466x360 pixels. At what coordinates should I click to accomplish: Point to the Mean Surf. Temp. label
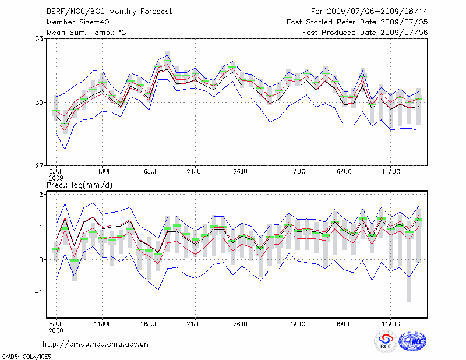(x=86, y=33)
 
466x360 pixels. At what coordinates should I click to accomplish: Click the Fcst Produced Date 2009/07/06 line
(x=365, y=33)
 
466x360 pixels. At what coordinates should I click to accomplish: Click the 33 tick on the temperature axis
(x=40, y=39)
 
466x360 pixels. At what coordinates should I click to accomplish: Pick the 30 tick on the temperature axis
(x=40, y=103)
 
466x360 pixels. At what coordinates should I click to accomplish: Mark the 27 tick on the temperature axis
(x=40, y=166)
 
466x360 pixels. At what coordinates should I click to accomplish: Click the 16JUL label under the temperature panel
(x=150, y=172)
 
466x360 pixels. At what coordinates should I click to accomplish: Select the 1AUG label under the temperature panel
(x=298, y=172)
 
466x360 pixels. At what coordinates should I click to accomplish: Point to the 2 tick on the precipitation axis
(x=42, y=195)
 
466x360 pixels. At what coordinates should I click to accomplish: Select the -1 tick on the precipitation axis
(x=40, y=292)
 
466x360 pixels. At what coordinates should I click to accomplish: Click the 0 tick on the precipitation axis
(x=42, y=260)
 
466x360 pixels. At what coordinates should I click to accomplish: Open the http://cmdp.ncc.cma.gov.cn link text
(x=96, y=344)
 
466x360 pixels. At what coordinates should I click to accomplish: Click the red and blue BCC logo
(x=385, y=341)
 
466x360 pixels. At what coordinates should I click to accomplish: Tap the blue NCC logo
(x=412, y=341)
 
